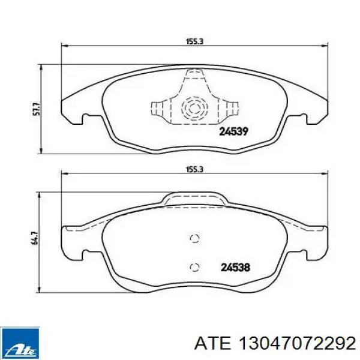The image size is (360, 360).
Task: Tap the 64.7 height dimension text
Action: point(35,239)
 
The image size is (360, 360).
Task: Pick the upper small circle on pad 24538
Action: point(194,238)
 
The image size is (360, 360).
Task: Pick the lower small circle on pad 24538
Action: point(194,267)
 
